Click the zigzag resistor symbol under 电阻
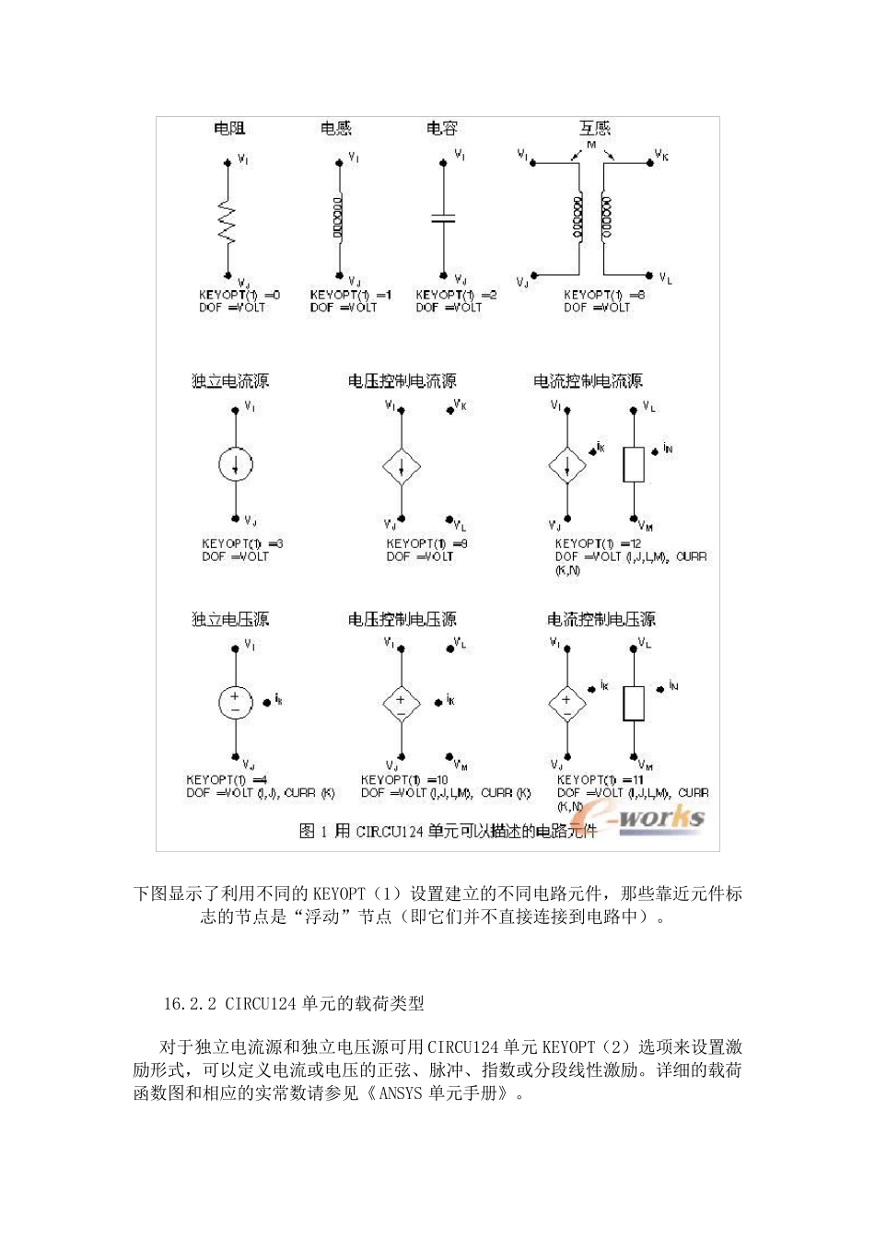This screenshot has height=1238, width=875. pyautogui.click(x=226, y=221)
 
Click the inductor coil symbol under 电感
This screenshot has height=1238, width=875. pyautogui.click(x=338, y=219)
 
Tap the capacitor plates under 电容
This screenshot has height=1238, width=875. pyautogui.click(x=443, y=219)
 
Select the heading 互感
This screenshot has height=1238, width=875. pyautogui.click(x=594, y=128)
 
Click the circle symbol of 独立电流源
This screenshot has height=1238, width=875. pyautogui.click(x=236, y=465)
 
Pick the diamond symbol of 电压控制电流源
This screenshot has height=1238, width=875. pyautogui.click(x=401, y=467)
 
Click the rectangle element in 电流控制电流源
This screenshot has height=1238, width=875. pyautogui.click(x=634, y=464)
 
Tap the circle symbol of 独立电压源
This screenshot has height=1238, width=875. pyautogui.click(x=235, y=703)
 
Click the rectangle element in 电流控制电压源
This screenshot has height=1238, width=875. pyautogui.click(x=634, y=703)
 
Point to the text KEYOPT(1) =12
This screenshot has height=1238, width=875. pyautogui.click(x=598, y=543)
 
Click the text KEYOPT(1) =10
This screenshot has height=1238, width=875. pyautogui.click(x=404, y=780)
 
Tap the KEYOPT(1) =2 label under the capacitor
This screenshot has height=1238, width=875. pyautogui.click(x=456, y=295)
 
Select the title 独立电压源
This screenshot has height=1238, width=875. pyautogui.click(x=230, y=619)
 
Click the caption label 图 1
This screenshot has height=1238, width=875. pyautogui.click(x=313, y=831)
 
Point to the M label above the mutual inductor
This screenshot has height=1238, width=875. pyautogui.click(x=591, y=146)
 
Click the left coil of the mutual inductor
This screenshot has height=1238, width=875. pyautogui.click(x=578, y=217)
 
